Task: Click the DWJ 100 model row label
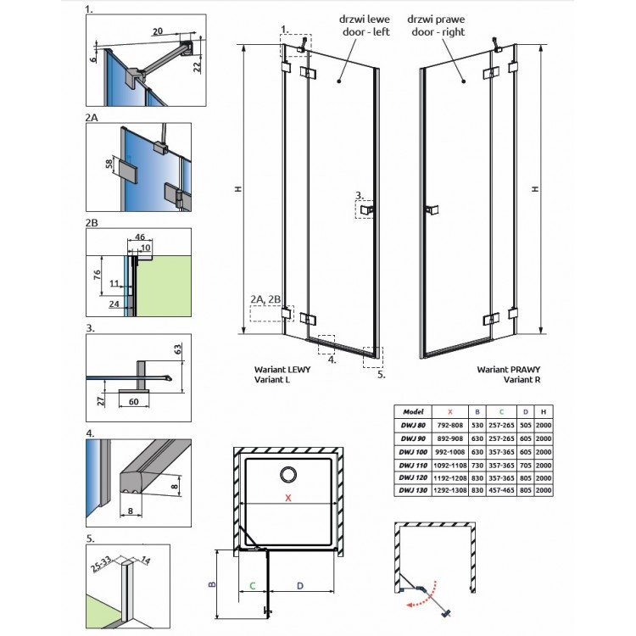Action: pyautogui.click(x=413, y=452)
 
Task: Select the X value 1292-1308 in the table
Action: pyautogui.click(x=450, y=490)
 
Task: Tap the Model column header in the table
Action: pyautogui.click(x=413, y=411)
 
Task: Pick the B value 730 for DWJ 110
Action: pyautogui.click(x=477, y=466)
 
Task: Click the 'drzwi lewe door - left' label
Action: pyautogui.click(x=365, y=25)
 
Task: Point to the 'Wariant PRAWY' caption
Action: pyautogui.click(x=509, y=370)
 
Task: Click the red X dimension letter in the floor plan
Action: pyautogui.click(x=288, y=497)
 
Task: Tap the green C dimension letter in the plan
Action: pyautogui.click(x=253, y=586)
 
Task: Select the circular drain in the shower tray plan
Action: pyautogui.click(x=288, y=475)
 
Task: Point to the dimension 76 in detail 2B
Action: pyautogui.click(x=97, y=275)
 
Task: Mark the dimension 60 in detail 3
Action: pyautogui.click(x=133, y=402)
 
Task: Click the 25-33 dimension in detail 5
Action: pyautogui.click(x=101, y=564)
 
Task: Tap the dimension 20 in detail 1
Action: pyautogui.click(x=158, y=31)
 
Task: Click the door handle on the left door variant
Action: pyautogui.click(x=366, y=209)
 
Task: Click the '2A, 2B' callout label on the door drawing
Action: pyautogui.click(x=265, y=299)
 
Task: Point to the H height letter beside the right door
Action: pyautogui.click(x=536, y=188)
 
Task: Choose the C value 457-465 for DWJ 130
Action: pyautogui.click(x=502, y=490)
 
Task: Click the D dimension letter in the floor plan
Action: pyautogui.click(x=299, y=586)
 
